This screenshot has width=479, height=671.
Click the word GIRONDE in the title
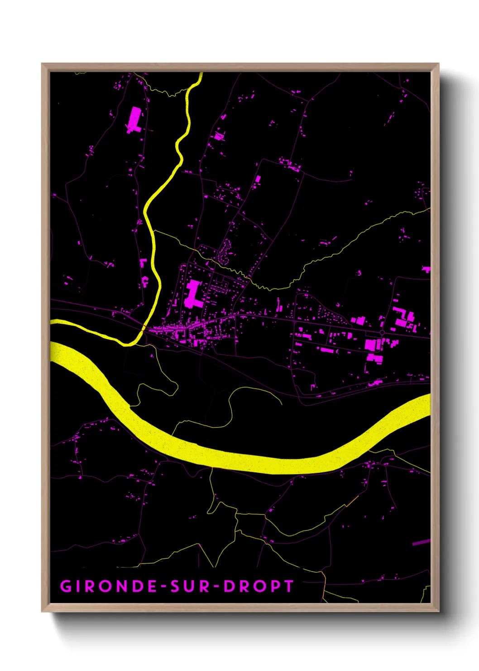point(108,586)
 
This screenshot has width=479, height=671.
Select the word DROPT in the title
point(259,586)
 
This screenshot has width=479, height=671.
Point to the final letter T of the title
point(288,586)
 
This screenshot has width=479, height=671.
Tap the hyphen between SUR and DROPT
point(217,587)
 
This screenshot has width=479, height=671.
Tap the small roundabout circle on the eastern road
point(382,333)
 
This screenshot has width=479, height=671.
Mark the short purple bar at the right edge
point(421,542)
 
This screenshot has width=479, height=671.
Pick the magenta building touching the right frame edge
point(426,269)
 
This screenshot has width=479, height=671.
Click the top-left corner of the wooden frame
point(43,64)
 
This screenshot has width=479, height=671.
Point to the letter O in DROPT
point(259,586)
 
